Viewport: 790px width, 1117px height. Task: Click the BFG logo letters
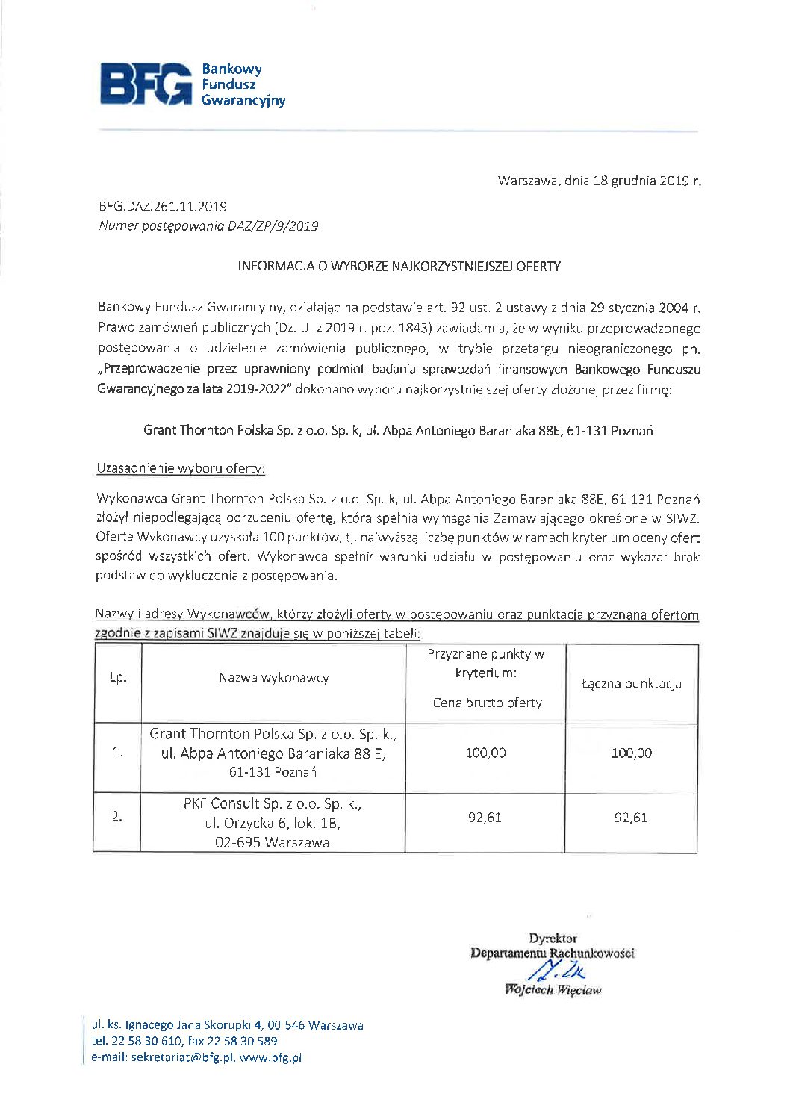146,84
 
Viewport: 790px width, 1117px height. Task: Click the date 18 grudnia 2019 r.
647,181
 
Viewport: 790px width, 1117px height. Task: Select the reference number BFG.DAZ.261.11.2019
163,207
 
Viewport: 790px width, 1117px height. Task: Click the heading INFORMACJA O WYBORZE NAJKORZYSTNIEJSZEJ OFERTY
399,267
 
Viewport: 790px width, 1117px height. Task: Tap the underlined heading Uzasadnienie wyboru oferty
181,468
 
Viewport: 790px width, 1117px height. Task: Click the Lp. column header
118,679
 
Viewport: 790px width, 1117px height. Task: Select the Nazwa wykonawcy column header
273,678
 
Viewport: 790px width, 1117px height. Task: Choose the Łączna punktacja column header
632,684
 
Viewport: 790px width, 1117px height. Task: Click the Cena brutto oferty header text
487,703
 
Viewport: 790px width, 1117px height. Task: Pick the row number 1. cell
117,753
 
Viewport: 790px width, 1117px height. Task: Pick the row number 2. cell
117,817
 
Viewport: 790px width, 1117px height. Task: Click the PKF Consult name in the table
273,804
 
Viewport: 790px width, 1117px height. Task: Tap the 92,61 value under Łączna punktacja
631,818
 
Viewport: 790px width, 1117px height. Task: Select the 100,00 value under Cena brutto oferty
485,753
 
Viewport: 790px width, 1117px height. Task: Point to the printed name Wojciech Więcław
553,990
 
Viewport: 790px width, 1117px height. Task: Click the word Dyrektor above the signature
553,939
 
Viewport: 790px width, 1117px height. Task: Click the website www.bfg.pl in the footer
270,1057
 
